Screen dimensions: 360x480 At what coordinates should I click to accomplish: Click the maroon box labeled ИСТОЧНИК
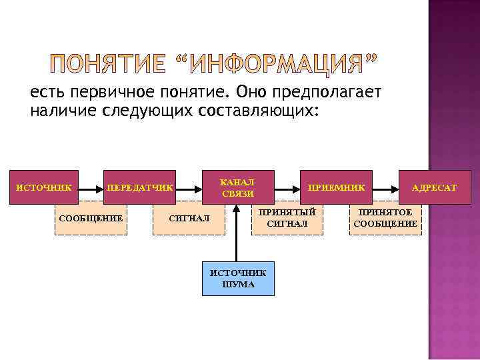(x=44, y=187)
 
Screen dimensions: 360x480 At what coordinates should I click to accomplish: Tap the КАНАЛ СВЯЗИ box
(x=237, y=187)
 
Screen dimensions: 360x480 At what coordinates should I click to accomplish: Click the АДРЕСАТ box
(x=434, y=187)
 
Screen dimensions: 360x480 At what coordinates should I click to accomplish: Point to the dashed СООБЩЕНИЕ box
(x=91, y=218)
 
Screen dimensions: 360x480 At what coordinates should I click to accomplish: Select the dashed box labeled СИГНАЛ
(x=189, y=218)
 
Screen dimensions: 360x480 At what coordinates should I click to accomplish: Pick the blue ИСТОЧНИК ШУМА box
(x=238, y=279)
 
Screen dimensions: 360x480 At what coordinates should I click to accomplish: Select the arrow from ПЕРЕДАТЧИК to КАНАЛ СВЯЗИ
(x=189, y=187)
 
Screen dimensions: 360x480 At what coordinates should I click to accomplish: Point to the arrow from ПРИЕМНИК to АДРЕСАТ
(x=385, y=187)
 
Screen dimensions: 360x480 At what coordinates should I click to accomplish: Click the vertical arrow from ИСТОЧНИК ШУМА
(x=235, y=233)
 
